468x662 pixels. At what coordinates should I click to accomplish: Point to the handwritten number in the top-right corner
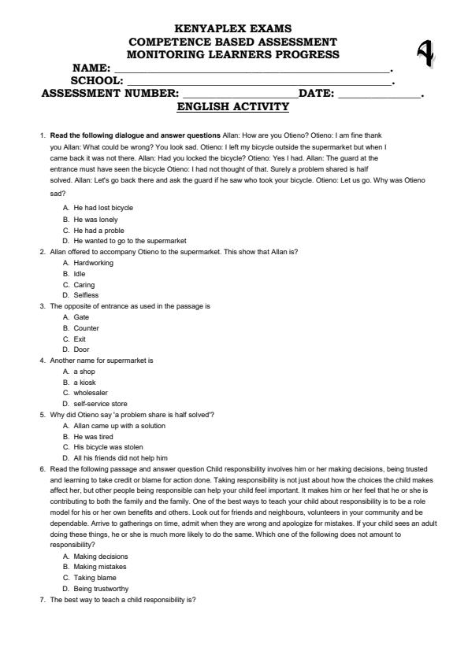[425, 52]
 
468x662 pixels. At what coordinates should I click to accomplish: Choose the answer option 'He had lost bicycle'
[103, 208]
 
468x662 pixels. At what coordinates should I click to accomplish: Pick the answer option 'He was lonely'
[98, 219]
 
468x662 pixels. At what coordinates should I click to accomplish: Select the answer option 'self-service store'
[101, 404]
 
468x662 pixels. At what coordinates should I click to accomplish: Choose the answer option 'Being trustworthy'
[102, 589]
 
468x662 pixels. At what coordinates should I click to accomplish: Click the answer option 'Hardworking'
[93, 263]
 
